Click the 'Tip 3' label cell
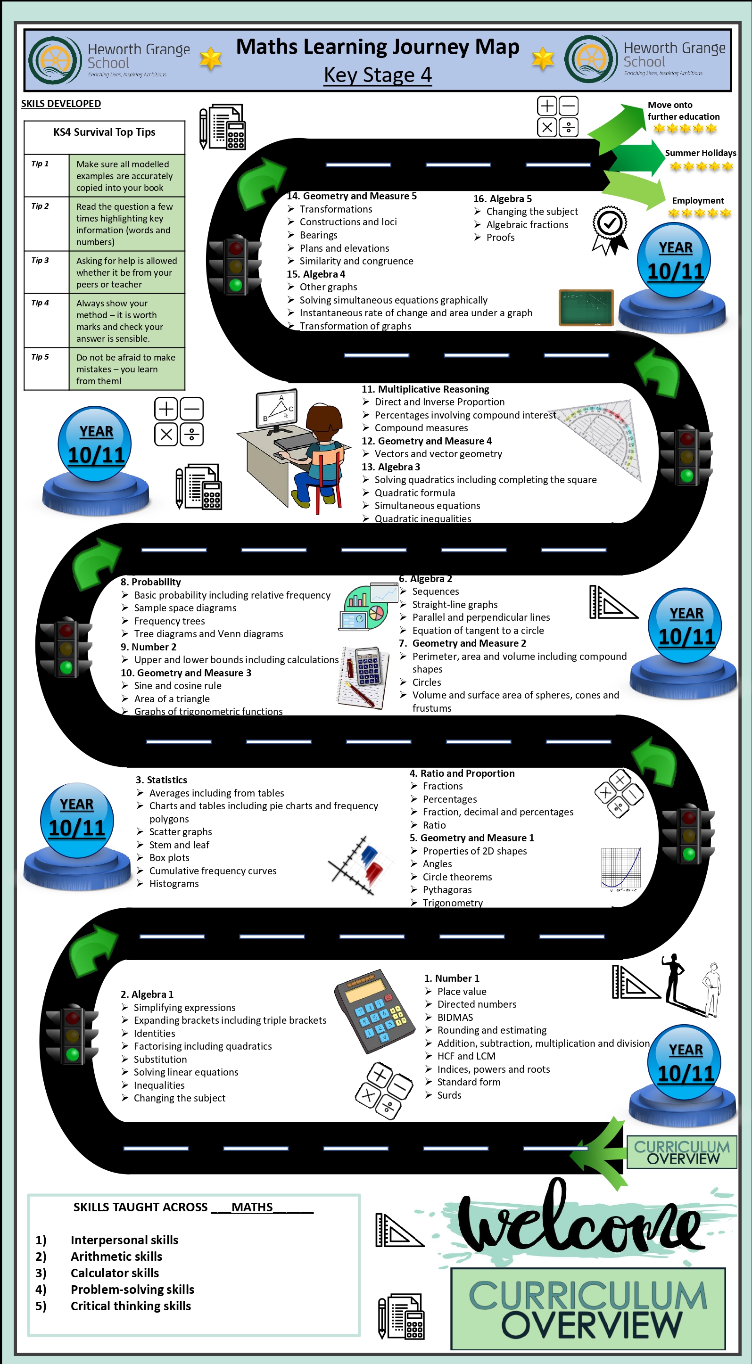(47, 272)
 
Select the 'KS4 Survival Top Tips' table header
(104, 132)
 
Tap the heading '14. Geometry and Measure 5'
(352, 196)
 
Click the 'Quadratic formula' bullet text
(414, 493)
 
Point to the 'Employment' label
(698, 201)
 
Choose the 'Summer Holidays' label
(701, 153)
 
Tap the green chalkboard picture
(586, 307)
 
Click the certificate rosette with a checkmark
(610, 230)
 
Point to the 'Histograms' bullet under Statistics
(174, 884)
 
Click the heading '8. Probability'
(151, 582)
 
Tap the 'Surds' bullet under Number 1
(449, 1095)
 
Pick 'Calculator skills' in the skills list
(115, 1273)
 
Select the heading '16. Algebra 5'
(503, 198)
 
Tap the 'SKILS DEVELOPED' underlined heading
(61, 104)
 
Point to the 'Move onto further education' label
(683, 111)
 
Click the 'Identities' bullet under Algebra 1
(154, 1034)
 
